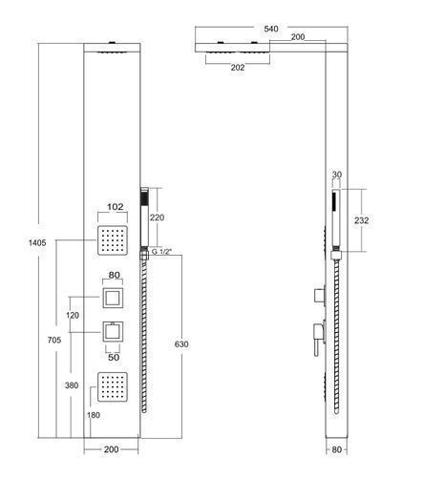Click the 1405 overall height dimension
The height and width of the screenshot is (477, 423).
pyautogui.click(x=37, y=243)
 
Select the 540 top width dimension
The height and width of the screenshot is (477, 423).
pyautogui.click(x=271, y=29)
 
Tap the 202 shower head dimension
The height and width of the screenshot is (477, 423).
pyautogui.click(x=238, y=68)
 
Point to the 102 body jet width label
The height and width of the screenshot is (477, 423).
pyautogui.click(x=115, y=207)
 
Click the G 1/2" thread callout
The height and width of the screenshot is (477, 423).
pyautogui.click(x=161, y=252)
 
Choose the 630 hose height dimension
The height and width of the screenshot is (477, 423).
pyautogui.click(x=181, y=344)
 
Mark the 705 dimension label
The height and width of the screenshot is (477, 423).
pyautogui.click(x=54, y=340)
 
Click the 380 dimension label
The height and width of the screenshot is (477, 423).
pyautogui.click(x=72, y=385)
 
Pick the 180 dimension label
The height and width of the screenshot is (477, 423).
pyautogui.click(x=94, y=415)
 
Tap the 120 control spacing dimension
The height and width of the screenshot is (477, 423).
pyautogui.click(x=73, y=316)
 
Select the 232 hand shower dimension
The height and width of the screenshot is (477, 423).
pyautogui.click(x=361, y=220)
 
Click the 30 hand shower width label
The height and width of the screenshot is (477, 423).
pyautogui.click(x=336, y=175)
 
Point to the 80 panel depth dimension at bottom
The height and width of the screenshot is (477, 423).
pyautogui.click(x=336, y=449)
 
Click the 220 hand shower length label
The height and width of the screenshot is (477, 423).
pyautogui.click(x=158, y=218)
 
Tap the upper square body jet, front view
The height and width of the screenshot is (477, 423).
pyautogui.click(x=113, y=240)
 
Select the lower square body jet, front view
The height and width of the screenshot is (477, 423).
pyautogui.click(x=113, y=387)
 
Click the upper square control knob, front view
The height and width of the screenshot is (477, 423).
pyautogui.click(x=113, y=298)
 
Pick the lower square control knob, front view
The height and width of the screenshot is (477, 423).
pyautogui.click(x=113, y=332)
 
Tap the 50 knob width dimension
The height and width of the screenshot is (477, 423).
pyautogui.click(x=114, y=357)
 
